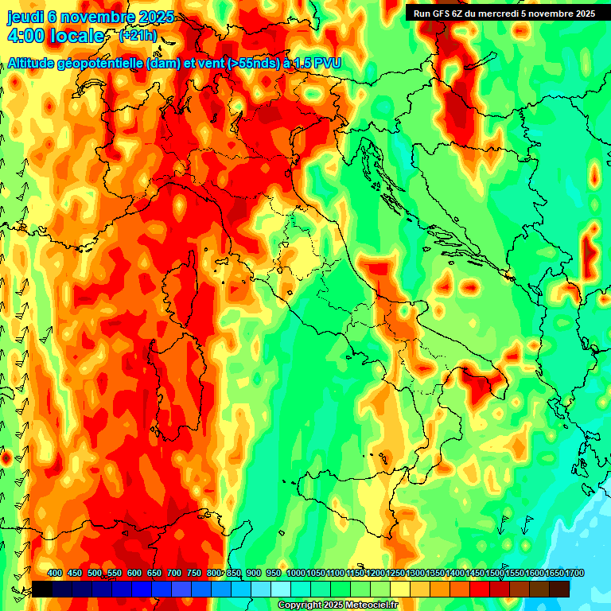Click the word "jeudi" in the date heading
click(x=25, y=17)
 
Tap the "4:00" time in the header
click(x=25, y=36)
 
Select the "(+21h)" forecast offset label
click(x=138, y=35)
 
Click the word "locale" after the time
click(x=77, y=36)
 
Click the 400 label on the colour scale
click(x=55, y=573)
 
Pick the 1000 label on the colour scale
click(x=295, y=573)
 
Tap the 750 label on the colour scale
click(x=194, y=573)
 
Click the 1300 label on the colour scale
click(x=414, y=573)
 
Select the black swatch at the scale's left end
click(x=42, y=589)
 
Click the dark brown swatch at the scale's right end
click(x=559, y=589)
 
